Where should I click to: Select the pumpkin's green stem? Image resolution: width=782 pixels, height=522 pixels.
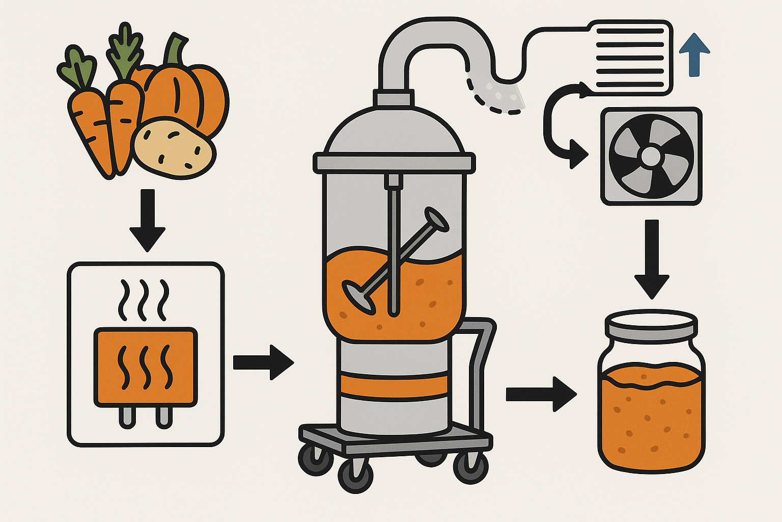coord(175,50)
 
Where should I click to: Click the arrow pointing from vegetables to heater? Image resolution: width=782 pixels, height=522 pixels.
coord(147,219)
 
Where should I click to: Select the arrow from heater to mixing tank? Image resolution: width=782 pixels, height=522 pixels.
coord(263,362)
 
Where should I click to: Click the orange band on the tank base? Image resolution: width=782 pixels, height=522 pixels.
coord(395,385)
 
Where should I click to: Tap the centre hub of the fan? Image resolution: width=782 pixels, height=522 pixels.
coord(651,156)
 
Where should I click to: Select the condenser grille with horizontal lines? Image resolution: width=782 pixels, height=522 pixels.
coord(630,57)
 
